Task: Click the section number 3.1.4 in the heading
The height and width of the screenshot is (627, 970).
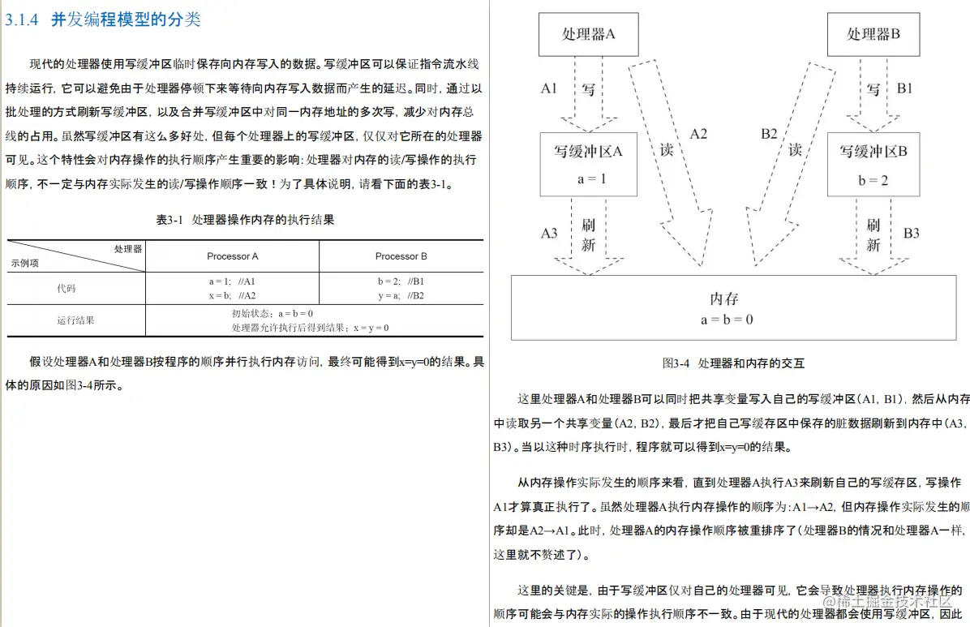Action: click(22, 20)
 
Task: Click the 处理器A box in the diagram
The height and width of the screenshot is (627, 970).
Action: click(589, 34)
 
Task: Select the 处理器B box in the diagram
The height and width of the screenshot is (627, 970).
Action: click(873, 34)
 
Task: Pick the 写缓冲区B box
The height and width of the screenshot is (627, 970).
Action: click(873, 164)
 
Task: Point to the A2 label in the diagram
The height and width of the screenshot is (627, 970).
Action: click(698, 134)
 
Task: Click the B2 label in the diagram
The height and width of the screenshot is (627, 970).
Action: click(769, 134)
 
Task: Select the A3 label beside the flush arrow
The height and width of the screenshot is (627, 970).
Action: click(549, 234)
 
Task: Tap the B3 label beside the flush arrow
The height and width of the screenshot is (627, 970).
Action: click(912, 234)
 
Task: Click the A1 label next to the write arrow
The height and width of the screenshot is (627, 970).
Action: click(549, 88)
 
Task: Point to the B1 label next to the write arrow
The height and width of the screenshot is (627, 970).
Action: click(905, 88)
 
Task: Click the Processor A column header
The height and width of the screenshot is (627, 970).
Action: click(233, 256)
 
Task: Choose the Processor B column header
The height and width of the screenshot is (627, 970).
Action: click(401, 256)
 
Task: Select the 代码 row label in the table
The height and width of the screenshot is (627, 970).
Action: click(67, 288)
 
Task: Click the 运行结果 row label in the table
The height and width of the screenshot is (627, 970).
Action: click(75, 320)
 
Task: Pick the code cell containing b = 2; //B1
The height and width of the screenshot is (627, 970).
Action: click(401, 281)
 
